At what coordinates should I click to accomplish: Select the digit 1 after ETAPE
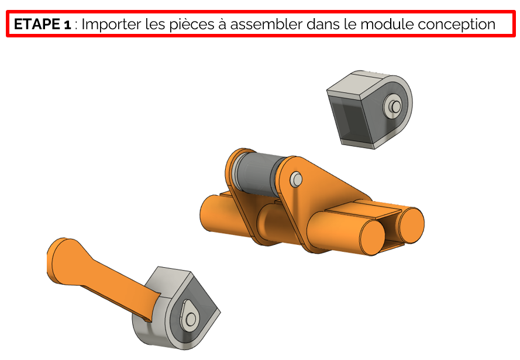point(67,25)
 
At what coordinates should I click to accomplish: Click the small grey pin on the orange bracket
point(296,179)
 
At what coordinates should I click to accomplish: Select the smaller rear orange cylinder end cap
point(412,225)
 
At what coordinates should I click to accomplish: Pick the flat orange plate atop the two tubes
point(363,209)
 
